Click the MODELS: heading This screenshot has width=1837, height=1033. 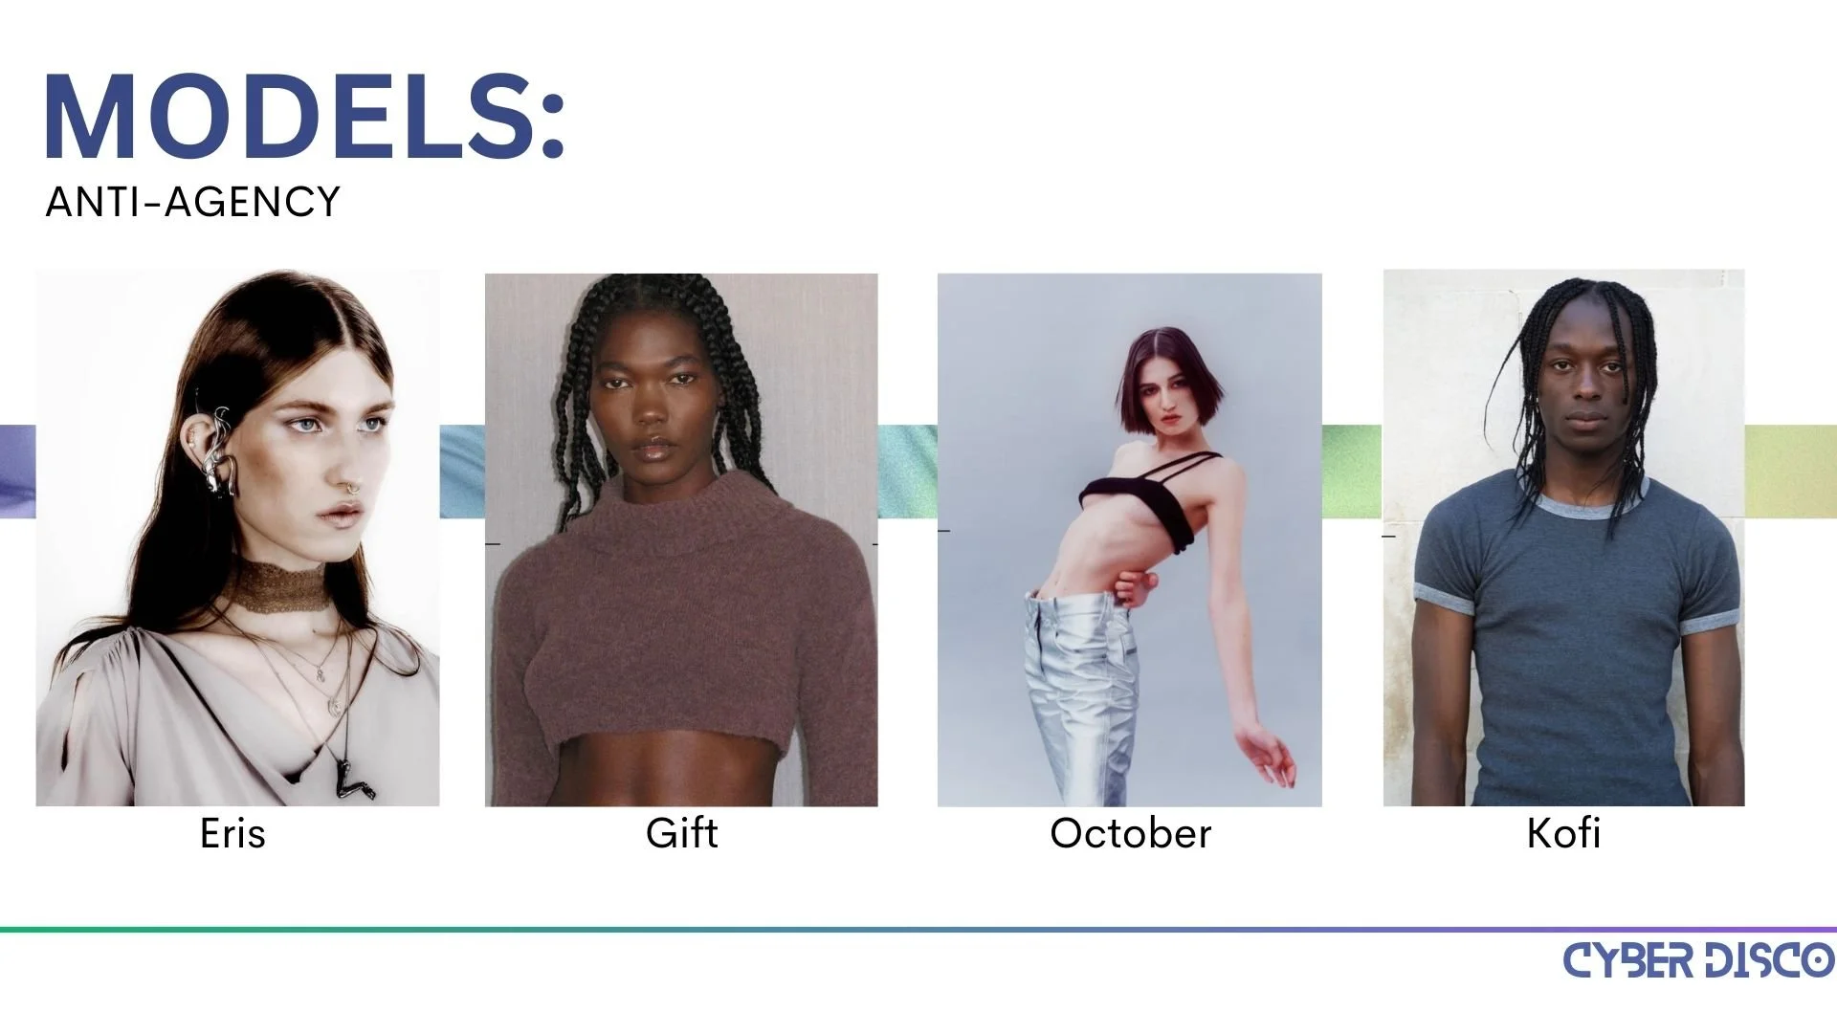point(305,117)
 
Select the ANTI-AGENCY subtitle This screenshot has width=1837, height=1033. point(192,202)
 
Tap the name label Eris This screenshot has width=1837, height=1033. point(232,833)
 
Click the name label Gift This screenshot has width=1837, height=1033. point(681,833)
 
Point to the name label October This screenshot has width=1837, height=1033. point(1130,834)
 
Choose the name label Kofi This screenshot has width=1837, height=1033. point(1563,833)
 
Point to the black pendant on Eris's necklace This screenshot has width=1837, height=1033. point(348,780)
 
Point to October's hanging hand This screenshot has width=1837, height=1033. point(1266,756)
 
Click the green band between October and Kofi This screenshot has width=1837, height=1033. point(1352,471)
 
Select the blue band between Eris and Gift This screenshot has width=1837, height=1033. point(462,471)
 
